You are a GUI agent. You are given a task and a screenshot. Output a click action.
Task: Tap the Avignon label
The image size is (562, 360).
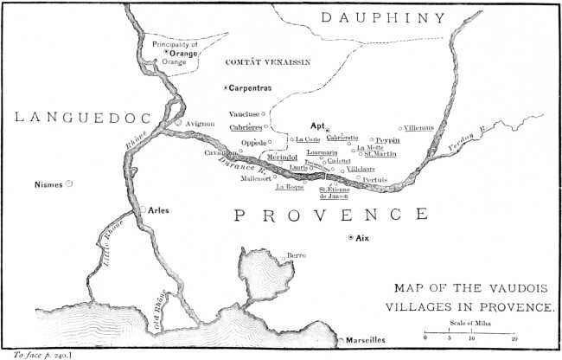pyautogui.click(x=200, y=124)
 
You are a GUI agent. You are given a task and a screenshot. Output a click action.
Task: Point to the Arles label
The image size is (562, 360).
pyautogui.click(x=158, y=210)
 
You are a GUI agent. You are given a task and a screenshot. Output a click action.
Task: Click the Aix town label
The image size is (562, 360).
pyautogui.click(x=363, y=238)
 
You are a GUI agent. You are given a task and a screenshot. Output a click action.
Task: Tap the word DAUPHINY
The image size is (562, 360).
pyautogui.click(x=381, y=17)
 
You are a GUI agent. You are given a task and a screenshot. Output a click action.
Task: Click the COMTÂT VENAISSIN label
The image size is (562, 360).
pyautogui.click(x=266, y=62)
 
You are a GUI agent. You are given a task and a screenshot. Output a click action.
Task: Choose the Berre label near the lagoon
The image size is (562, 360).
pyautogui.click(x=296, y=257)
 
